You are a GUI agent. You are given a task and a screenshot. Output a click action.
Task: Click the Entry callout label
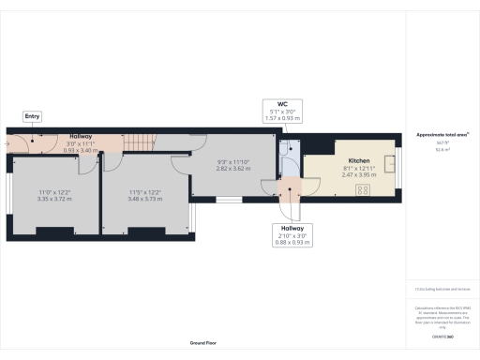pos(33,116)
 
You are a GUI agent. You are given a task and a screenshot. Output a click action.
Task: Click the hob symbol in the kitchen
pos(362,189)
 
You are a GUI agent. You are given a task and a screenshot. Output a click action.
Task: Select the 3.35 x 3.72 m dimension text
pos(54,199)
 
